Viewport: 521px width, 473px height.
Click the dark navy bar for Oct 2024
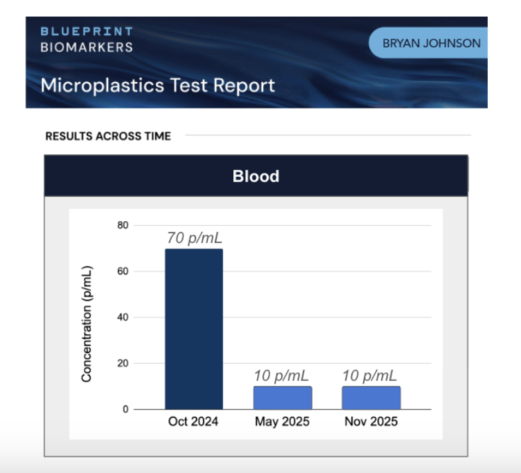[x=194, y=329]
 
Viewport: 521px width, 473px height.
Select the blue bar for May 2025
[x=282, y=397]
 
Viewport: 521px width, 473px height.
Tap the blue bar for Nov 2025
[x=371, y=397]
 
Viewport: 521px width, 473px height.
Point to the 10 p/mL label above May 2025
[x=281, y=376]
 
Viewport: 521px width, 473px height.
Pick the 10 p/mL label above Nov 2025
[x=370, y=376]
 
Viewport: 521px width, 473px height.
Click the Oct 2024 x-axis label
[x=194, y=422]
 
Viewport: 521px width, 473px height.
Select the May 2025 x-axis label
[x=282, y=422]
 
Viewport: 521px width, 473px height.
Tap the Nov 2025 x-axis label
[x=371, y=422]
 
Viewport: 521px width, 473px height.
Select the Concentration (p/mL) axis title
[x=86, y=324]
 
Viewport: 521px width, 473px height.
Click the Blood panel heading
[x=256, y=176]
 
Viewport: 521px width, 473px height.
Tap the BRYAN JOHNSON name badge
[x=432, y=44]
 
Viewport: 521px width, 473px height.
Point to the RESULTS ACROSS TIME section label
[x=108, y=136]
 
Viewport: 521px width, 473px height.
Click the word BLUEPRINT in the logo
[x=86, y=32]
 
